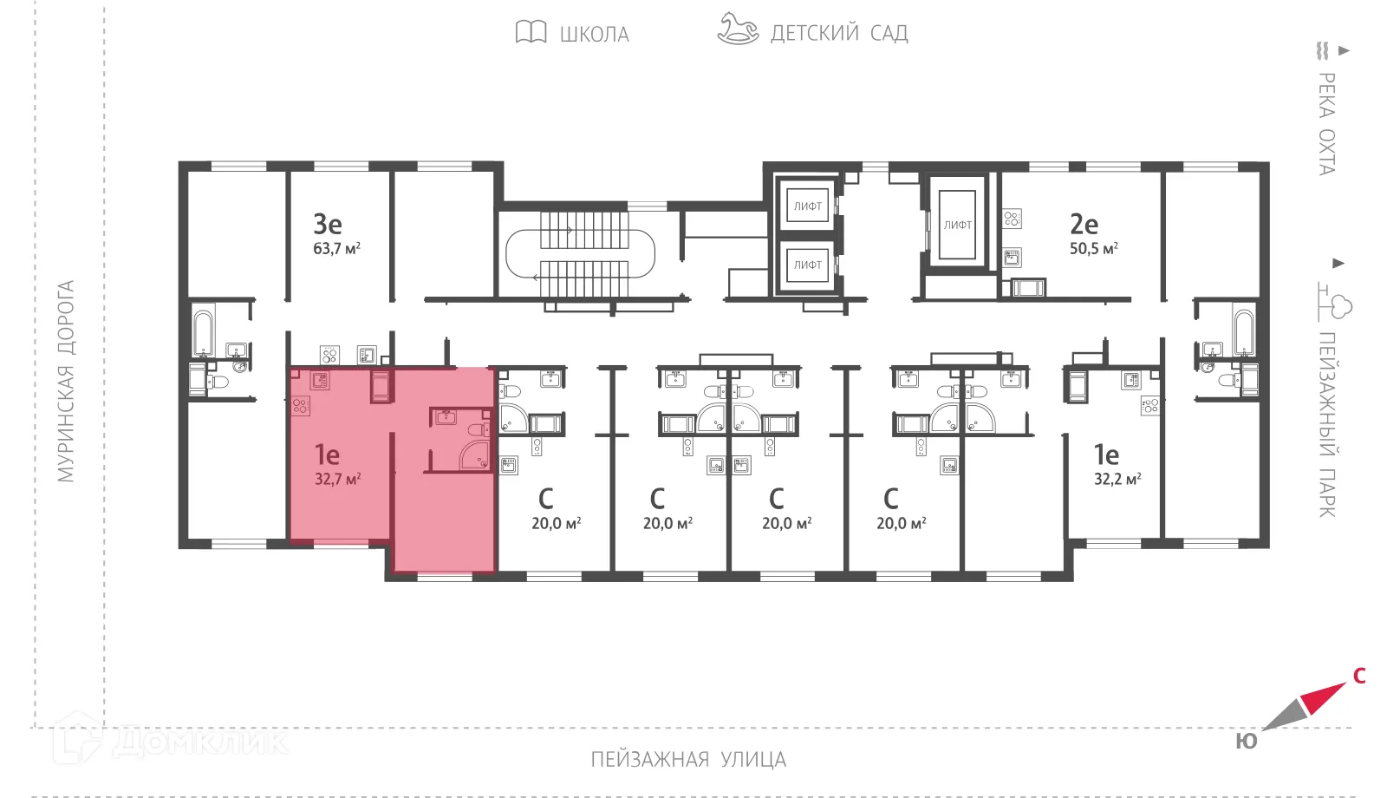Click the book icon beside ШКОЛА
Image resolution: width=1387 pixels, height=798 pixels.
click(531, 33)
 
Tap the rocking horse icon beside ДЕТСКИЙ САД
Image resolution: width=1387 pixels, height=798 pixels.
click(737, 29)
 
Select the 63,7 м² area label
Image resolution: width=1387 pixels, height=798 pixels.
click(336, 248)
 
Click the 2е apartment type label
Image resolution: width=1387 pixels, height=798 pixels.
click(1084, 224)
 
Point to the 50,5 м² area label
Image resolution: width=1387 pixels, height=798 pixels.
click(1093, 248)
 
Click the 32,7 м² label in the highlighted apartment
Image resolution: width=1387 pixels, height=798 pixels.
click(337, 479)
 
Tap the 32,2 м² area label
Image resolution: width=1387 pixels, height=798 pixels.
click(1117, 479)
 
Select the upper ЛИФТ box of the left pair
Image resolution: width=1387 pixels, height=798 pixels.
click(807, 206)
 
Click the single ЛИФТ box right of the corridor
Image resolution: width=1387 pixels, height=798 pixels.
click(957, 225)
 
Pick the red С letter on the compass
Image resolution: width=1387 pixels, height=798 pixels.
click(1359, 676)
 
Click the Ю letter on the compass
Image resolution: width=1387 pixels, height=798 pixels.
click(1246, 742)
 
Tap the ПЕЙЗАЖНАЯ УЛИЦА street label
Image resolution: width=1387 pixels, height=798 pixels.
click(688, 760)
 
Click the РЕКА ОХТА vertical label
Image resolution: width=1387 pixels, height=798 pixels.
click(1326, 123)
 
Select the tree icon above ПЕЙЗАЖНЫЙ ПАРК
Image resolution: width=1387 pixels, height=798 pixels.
click(1336, 303)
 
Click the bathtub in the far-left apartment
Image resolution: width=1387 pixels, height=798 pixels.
click(204, 333)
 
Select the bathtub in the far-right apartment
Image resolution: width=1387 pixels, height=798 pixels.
click(1243, 333)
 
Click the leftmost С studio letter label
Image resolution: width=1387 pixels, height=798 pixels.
click(545, 499)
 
